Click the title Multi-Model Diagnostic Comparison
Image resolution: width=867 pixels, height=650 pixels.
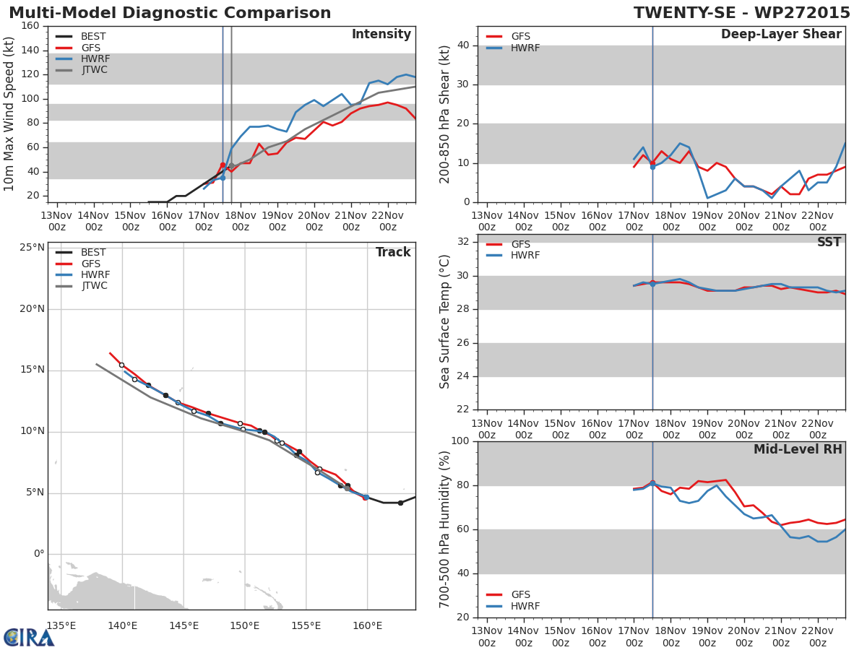[170, 13]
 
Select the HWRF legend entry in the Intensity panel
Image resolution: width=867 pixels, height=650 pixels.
[95, 58]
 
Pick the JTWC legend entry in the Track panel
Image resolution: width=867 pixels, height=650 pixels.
[94, 286]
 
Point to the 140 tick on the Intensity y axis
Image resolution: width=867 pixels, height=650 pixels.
[30, 51]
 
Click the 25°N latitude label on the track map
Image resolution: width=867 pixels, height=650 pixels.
[31, 248]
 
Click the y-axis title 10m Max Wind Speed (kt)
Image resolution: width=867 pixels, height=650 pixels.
[9, 114]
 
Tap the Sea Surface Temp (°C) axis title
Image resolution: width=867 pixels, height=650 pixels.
[445, 322]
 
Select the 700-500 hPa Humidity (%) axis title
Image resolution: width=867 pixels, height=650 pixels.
[445, 529]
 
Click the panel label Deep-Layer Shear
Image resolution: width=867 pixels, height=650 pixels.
[781, 35]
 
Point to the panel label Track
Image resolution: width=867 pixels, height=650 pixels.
[393, 252]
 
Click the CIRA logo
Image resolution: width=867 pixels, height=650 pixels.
[29, 637]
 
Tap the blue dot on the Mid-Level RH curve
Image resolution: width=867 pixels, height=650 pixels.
[652, 483]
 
